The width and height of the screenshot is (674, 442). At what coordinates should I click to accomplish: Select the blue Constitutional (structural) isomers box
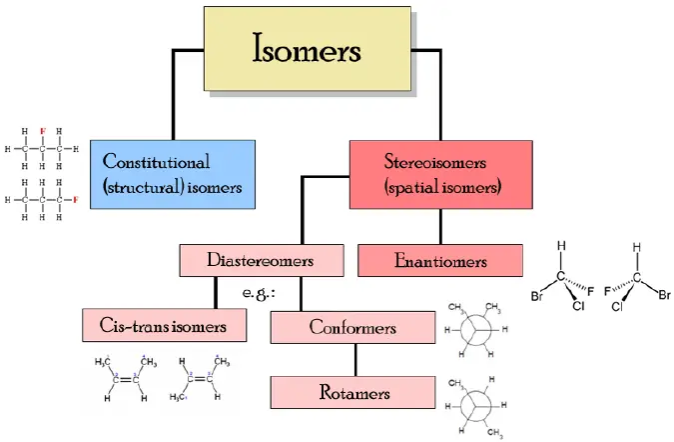(172, 173)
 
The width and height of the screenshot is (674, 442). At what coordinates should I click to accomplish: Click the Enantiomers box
(439, 261)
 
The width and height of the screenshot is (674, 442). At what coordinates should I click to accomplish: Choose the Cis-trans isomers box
(167, 325)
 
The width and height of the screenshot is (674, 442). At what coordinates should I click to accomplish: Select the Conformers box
(352, 327)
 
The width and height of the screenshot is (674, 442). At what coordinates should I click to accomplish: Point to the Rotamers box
(352, 391)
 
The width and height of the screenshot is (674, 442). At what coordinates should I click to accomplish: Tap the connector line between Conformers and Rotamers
(352, 359)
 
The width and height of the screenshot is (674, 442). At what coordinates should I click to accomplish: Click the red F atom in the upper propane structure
(42, 131)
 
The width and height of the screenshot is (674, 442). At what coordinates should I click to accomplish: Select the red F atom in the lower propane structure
(75, 200)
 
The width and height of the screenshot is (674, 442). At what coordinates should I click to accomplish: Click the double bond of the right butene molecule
(203, 379)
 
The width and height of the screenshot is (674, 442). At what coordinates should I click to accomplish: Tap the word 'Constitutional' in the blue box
(156, 161)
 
